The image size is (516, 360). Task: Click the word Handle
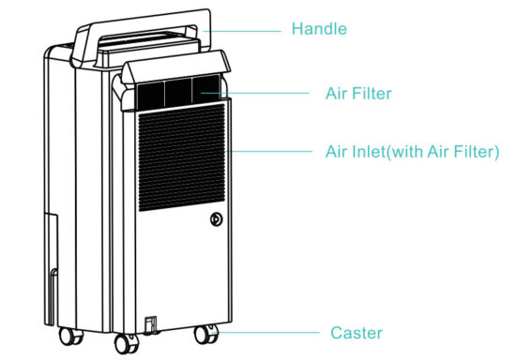(x=319, y=29)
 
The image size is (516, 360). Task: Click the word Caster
(x=357, y=333)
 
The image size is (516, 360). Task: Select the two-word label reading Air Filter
(x=357, y=93)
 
